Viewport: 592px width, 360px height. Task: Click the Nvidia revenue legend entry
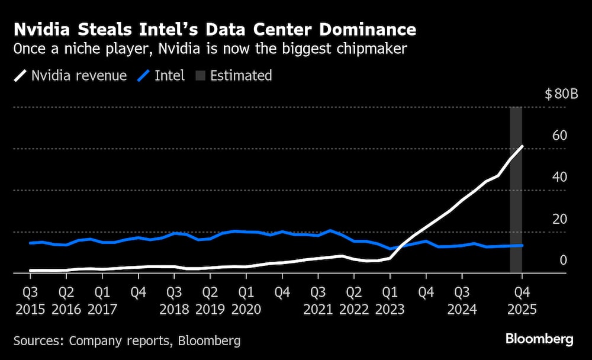pyautogui.click(x=70, y=76)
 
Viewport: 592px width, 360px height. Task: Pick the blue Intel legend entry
pyautogui.click(x=161, y=76)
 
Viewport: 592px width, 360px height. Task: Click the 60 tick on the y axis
pyautogui.click(x=559, y=136)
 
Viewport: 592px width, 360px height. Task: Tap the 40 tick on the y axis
pyautogui.click(x=559, y=177)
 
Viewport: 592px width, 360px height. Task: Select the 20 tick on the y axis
pyautogui.click(x=559, y=219)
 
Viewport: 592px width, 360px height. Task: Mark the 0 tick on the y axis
pyautogui.click(x=563, y=261)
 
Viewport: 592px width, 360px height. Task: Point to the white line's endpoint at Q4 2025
pyautogui.click(x=522, y=146)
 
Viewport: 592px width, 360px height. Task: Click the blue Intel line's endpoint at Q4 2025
pyautogui.click(x=522, y=245)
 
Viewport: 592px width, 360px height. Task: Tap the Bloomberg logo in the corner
pyautogui.click(x=539, y=339)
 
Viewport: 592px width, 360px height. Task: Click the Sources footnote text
pyautogui.click(x=127, y=340)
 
